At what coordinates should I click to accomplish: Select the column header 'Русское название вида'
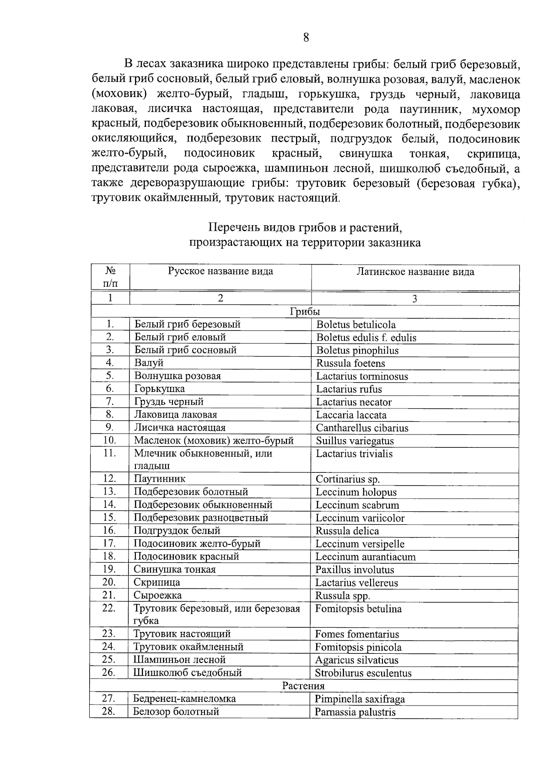(220, 272)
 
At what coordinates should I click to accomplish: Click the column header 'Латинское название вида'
(415, 272)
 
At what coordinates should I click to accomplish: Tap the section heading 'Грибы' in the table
(305, 312)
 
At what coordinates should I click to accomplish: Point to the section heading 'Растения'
(303, 686)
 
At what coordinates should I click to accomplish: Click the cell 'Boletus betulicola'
(356, 325)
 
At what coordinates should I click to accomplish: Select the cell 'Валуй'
(149, 363)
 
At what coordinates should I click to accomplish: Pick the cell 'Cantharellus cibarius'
(362, 428)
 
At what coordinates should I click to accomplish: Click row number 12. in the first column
(109, 479)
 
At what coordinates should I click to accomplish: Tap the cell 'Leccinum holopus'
(356, 492)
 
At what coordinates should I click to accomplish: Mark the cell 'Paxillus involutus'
(355, 570)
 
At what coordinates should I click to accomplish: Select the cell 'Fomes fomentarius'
(357, 635)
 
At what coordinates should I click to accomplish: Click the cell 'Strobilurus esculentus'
(363, 673)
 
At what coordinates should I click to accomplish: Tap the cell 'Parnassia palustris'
(355, 712)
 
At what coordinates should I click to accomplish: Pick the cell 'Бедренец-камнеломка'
(184, 699)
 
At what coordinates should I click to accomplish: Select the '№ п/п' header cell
(110, 277)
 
